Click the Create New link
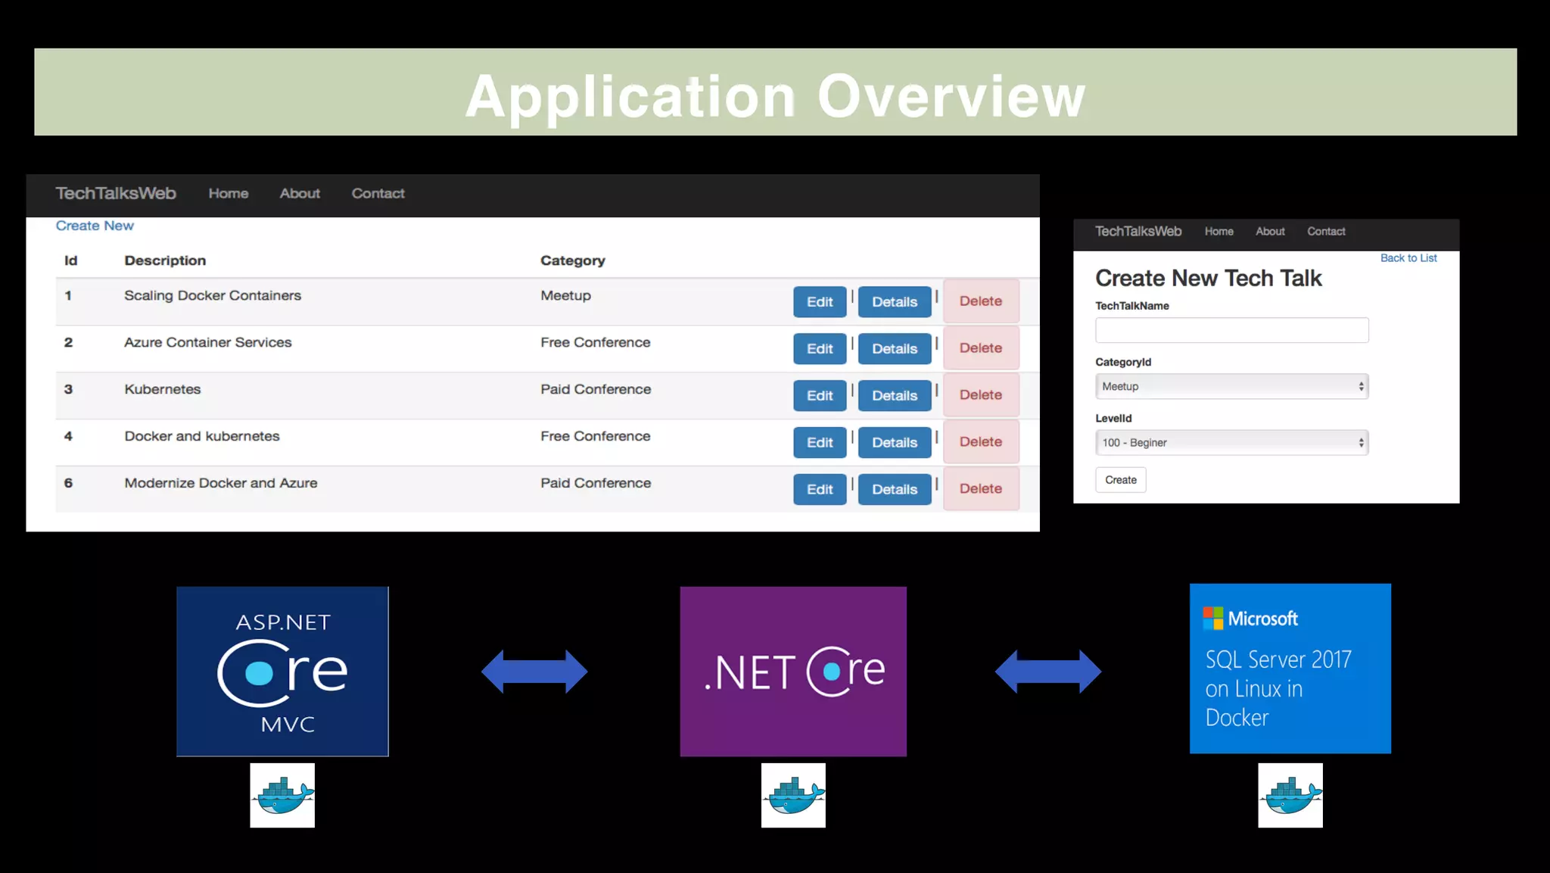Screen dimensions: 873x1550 pyautogui.click(x=95, y=226)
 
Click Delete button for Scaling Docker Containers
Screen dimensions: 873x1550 pyautogui.click(x=980, y=301)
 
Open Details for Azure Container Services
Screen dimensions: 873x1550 pyautogui.click(x=894, y=348)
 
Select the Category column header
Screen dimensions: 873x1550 pyautogui.click(x=572, y=260)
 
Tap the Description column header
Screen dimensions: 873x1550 pyautogui.click(x=165, y=260)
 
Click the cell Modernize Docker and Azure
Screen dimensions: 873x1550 pyautogui.click(x=220, y=483)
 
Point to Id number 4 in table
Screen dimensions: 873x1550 pyautogui.click(x=68, y=436)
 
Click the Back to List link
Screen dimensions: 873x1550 pyautogui.click(x=1408, y=258)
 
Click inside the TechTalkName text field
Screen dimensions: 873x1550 pyautogui.click(x=1231, y=330)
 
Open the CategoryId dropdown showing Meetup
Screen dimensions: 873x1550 pyautogui.click(x=1231, y=386)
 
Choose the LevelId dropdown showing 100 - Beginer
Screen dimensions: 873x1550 pyautogui.click(x=1231, y=442)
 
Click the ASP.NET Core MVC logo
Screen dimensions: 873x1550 pyautogui.click(x=282, y=671)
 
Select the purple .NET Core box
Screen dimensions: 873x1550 pyautogui.click(x=792, y=671)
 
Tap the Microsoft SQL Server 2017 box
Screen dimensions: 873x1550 pyautogui.click(x=1290, y=668)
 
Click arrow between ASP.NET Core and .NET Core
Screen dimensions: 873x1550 pyautogui.click(x=534, y=671)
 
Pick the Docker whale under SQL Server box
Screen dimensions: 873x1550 pyautogui.click(x=1290, y=795)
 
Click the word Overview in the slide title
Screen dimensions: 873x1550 pyautogui.click(x=951, y=96)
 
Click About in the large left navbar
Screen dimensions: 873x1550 pyautogui.click(x=300, y=194)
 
